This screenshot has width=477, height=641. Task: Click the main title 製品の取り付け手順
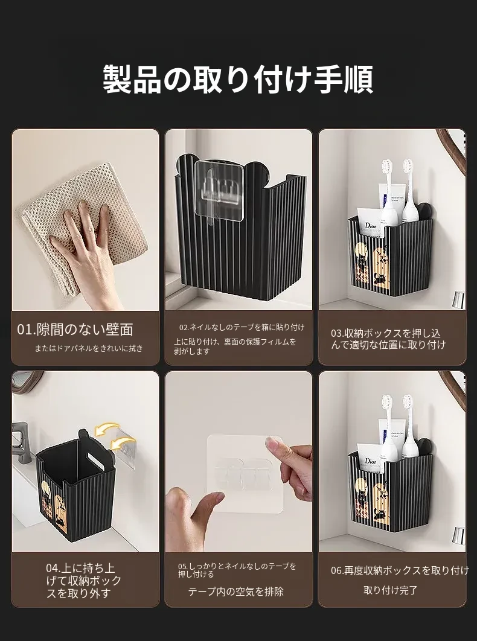tap(238, 79)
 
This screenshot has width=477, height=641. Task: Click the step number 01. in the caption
tap(27, 330)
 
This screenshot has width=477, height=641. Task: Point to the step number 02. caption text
tap(242, 327)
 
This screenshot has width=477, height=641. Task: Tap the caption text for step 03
tap(388, 339)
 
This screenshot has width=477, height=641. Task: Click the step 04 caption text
tap(83, 581)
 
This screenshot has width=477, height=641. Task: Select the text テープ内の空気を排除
tap(235, 592)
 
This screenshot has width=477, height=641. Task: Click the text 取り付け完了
tap(390, 590)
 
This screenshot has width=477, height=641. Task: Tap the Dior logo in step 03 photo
tap(371, 225)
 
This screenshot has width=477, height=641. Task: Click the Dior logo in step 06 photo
tap(371, 461)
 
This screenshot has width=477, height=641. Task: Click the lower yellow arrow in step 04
tap(123, 444)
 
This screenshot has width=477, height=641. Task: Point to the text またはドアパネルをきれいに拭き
tap(89, 348)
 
